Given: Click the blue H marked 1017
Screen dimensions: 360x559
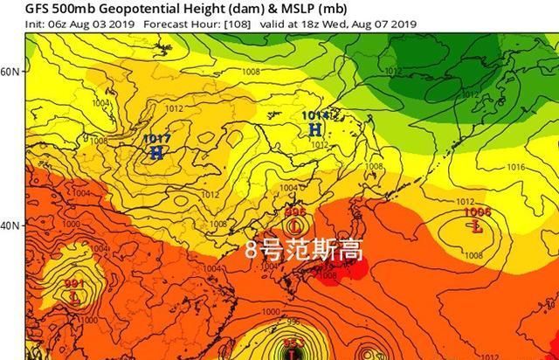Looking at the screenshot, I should point(156,152).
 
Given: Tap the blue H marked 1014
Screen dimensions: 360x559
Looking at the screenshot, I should point(314,129).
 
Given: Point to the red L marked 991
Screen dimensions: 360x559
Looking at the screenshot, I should point(75,297).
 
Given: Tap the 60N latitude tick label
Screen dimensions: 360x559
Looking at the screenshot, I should point(10,71).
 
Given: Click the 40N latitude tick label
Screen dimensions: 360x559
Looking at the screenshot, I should point(10,225).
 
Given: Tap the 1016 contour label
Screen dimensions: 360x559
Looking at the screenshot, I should point(514,166).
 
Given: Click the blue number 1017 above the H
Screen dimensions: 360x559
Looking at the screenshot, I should point(156,138).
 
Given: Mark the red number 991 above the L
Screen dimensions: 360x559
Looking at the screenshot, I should point(75,284).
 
